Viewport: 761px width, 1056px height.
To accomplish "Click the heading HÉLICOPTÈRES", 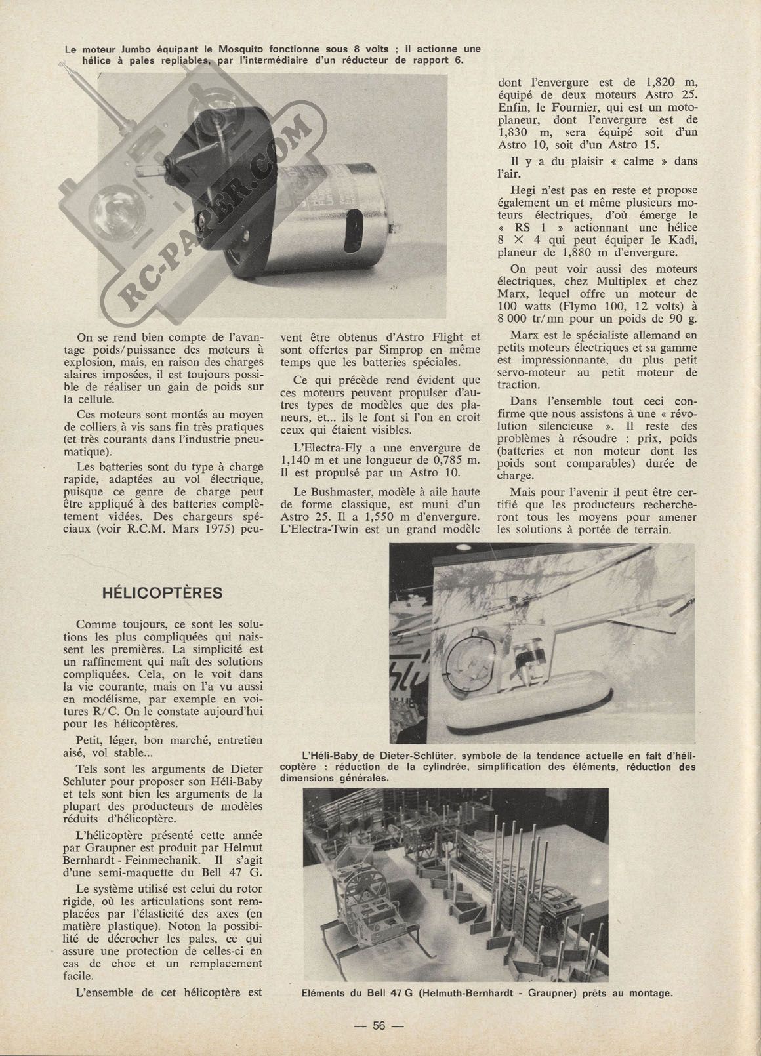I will [x=162, y=593].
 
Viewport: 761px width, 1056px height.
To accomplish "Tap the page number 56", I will [x=379, y=1026].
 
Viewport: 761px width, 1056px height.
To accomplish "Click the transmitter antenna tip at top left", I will [x=63, y=65].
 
